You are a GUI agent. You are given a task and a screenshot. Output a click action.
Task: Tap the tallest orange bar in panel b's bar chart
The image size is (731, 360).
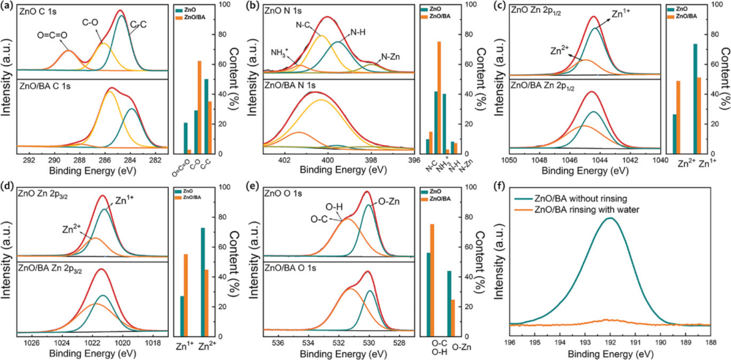[439, 97]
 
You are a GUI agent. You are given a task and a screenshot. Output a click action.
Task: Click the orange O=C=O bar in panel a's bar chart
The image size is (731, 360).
[189, 151]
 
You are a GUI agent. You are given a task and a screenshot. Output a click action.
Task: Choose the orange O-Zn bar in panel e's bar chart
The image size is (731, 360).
[453, 317]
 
